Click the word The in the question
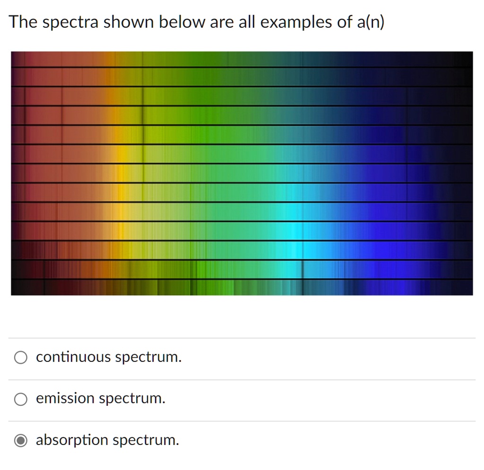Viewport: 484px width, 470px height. click(23, 22)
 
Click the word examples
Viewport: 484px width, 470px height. click(296, 23)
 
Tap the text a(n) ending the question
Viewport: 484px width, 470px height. click(372, 23)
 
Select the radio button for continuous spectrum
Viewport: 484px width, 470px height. click(20, 358)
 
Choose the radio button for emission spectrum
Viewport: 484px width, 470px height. click(20, 400)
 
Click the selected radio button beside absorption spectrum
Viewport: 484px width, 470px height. click(20, 441)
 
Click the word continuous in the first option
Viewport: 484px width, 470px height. click(73, 357)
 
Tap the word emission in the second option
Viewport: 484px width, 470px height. click(65, 399)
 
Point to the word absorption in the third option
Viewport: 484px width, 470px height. click(72, 441)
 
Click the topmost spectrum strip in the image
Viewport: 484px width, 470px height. click(242, 59)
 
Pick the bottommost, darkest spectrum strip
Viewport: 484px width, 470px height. click(242, 288)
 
